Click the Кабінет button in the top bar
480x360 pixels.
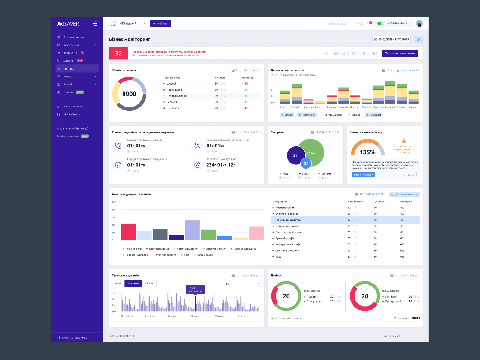coord(160,23)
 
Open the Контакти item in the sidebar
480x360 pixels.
coord(69,69)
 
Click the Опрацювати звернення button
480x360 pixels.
coord(400,53)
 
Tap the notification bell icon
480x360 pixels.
coord(369,23)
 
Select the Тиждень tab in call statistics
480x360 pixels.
coord(133,283)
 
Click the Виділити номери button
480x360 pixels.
coord(363,175)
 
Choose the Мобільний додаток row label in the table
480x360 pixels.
coord(288,220)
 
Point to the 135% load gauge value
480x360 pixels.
coord(367,152)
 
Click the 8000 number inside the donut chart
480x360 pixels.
coord(129,94)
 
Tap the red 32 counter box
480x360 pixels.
coord(118,53)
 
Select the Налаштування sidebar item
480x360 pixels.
coord(73,106)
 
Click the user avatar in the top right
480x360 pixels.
coord(419,23)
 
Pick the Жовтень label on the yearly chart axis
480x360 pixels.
coord(390,107)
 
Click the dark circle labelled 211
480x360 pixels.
coord(296,155)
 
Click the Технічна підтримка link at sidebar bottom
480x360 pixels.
coord(74,338)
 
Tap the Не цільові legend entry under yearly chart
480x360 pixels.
coord(374,115)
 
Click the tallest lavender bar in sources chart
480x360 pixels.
coord(192,230)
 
